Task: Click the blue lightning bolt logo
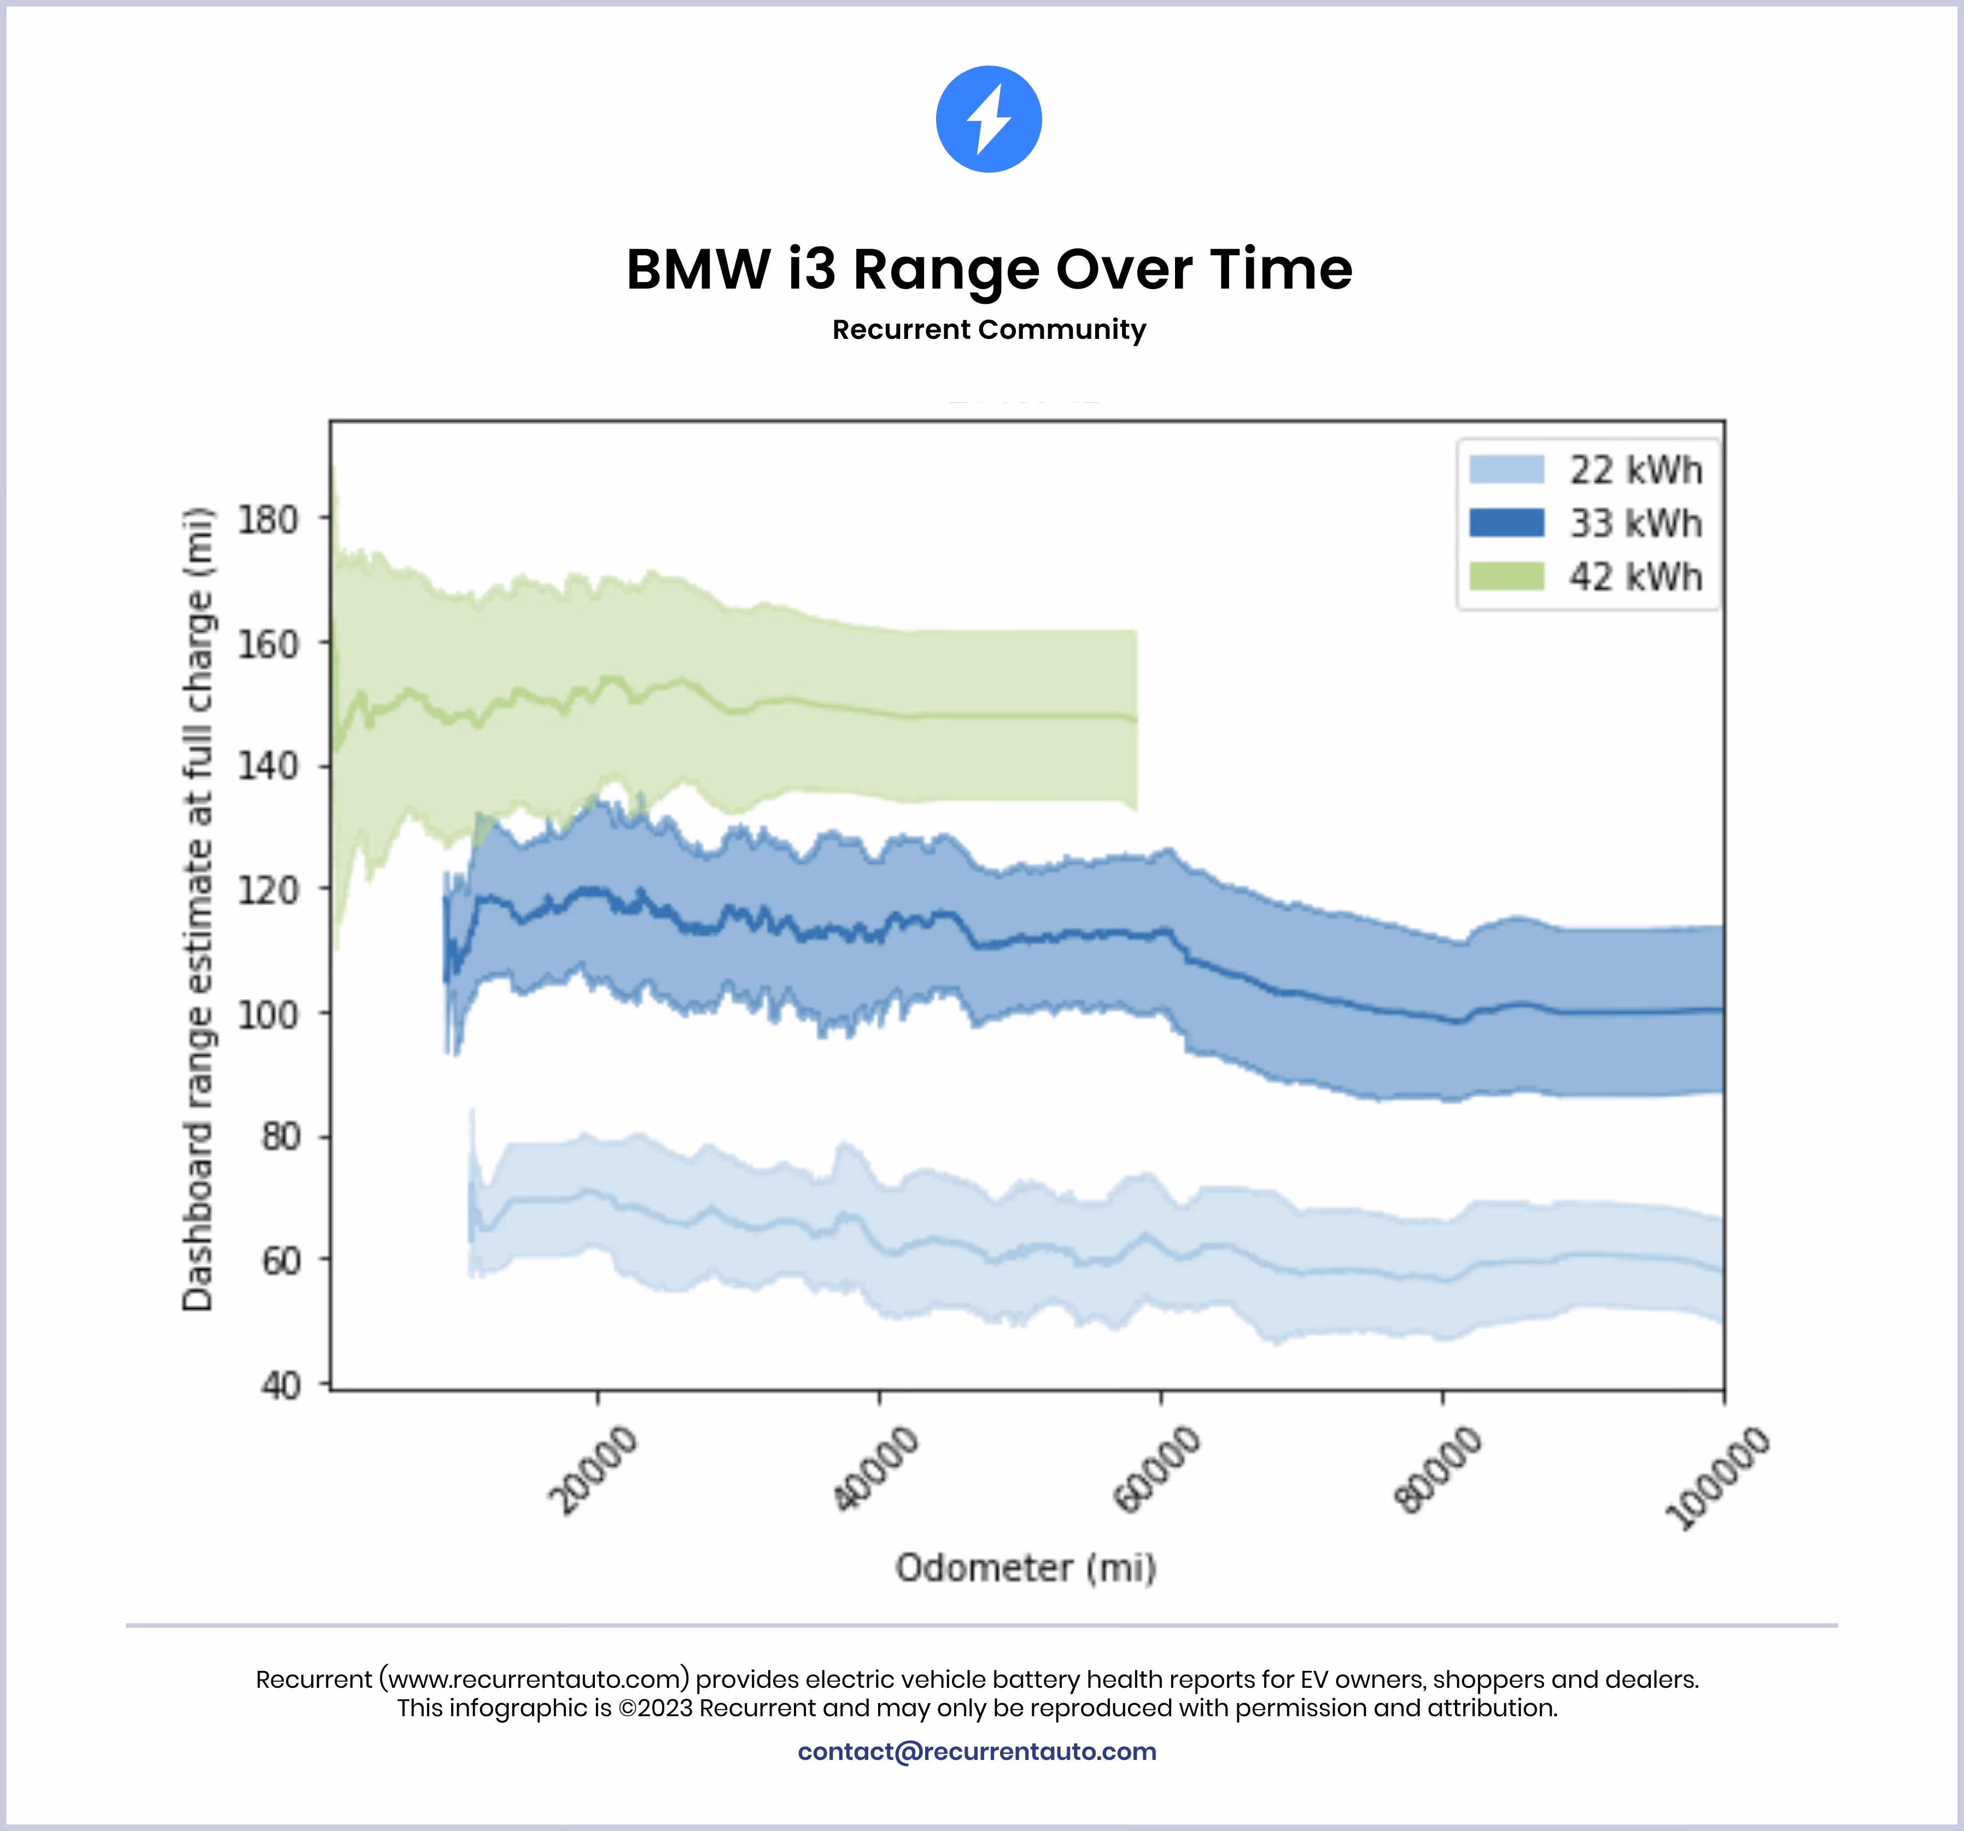pyautogui.click(x=988, y=120)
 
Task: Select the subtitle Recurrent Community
pyautogui.click(x=989, y=330)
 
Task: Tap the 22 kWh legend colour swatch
pyautogui.click(x=1506, y=469)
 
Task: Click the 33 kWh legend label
pyautogui.click(x=1636, y=524)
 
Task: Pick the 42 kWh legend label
pyautogui.click(x=1636, y=577)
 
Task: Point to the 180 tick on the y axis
pyautogui.click(x=268, y=519)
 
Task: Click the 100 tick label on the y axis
pyautogui.click(x=268, y=1014)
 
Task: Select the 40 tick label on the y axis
pyautogui.click(x=280, y=1386)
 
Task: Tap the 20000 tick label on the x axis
pyautogui.click(x=593, y=1470)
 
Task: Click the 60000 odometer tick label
pyautogui.click(x=1157, y=1470)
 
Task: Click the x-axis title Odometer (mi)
pyautogui.click(x=1026, y=1568)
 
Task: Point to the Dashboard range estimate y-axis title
pyautogui.click(x=197, y=908)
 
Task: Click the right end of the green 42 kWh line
pyautogui.click(x=1134, y=719)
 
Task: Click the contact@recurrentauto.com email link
pyautogui.click(x=977, y=1751)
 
